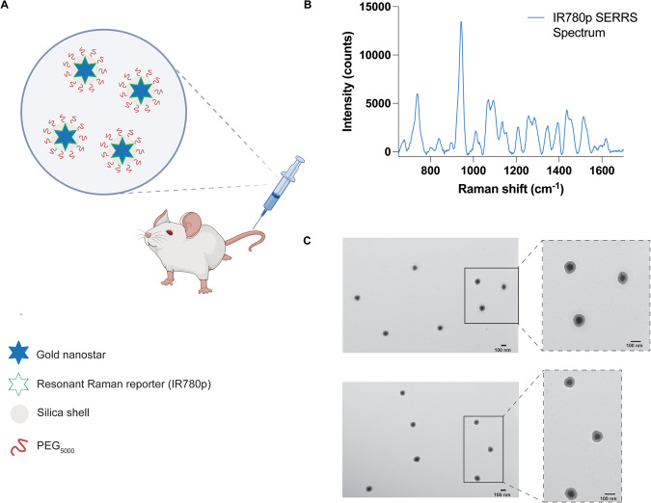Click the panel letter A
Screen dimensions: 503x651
(6, 6)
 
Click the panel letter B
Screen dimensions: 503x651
(333, 6)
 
